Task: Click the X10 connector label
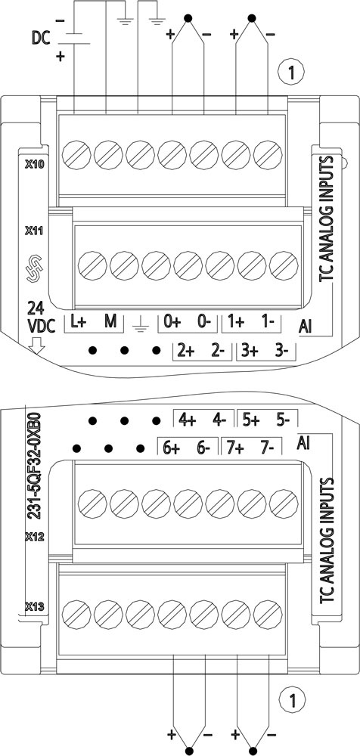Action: click(x=34, y=164)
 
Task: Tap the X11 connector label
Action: click(x=34, y=231)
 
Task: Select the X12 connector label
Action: click(x=34, y=537)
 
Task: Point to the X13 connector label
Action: click(x=35, y=607)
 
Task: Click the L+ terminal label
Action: click(x=78, y=322)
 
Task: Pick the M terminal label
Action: click(x=110, y=322)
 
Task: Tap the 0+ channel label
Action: click(x=172, y=322)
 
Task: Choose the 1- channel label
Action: click(x=266, y=322)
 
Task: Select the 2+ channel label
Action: click(x=185, y=352)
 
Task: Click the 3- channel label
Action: click(x=281, y=352)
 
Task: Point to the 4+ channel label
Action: click(x=187, y=420)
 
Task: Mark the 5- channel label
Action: click(x=282, y=420)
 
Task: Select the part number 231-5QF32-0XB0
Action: click(x=36, y=466)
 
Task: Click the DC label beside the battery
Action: click(x=41, y=37)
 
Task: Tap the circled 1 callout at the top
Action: click(x=291, y=73)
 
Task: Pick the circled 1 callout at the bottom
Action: click(x=291, y=698)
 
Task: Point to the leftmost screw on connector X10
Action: click(x=76, y=155)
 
